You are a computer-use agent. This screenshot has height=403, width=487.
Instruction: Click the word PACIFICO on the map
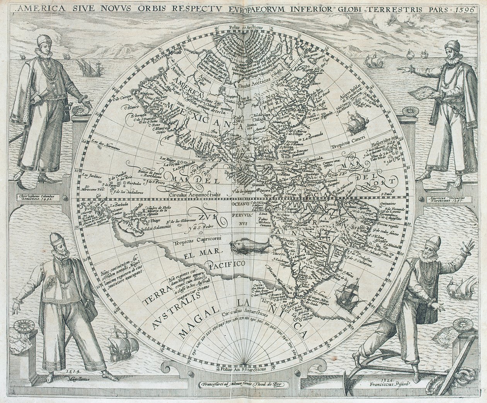pyautogui.click(x=227, y=265)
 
